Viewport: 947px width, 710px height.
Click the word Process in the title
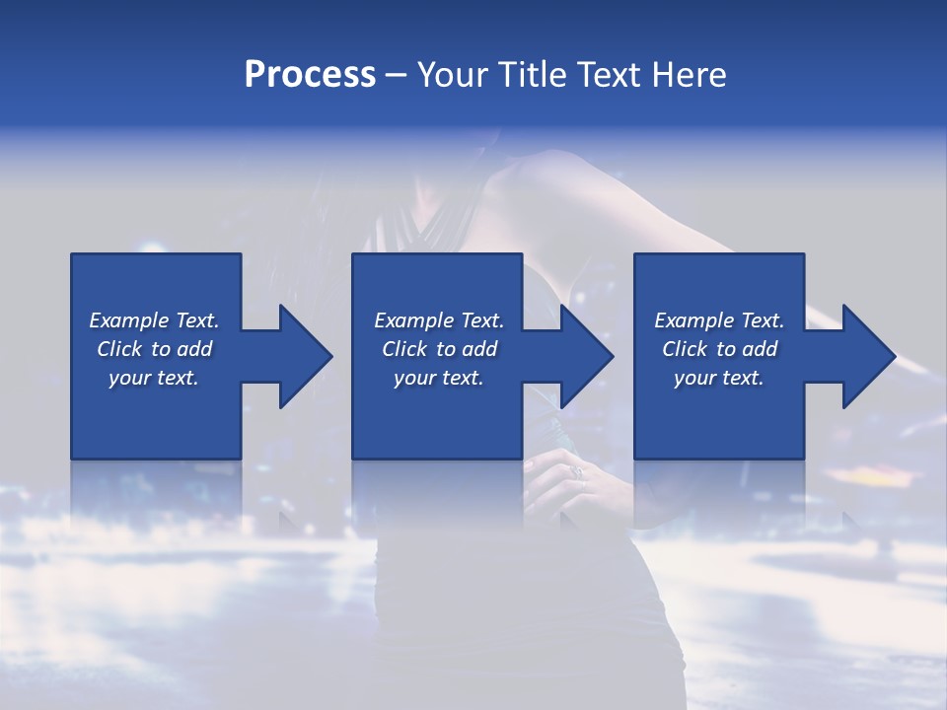[x=310, y=75]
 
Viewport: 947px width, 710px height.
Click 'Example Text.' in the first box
[x=154, y=320]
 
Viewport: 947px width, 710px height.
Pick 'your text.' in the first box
[x=154, y=378]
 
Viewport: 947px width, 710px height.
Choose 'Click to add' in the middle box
[x=439, y=349]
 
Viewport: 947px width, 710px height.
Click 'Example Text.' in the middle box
[x=439, y=320]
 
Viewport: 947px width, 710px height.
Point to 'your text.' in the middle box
[x=439, y=378]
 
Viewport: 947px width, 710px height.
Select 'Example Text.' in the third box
[x=719, y=320]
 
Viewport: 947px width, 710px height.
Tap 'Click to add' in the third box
[x=719, y=349]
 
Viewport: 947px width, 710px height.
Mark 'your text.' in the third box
[x=719, y=378]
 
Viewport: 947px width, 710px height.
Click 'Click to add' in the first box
[x=154, y=349]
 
